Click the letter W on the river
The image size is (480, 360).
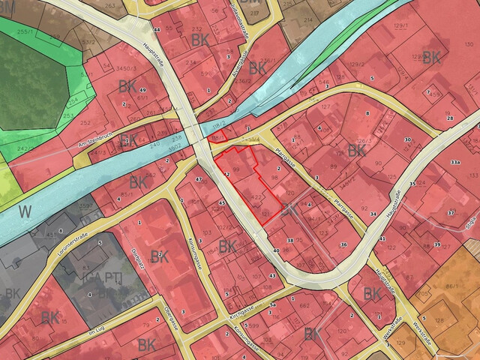(25, 211)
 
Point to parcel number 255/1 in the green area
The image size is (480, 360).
(26, 32)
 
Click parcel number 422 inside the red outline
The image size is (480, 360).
(256, 197)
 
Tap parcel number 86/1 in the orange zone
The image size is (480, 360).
(452, 286)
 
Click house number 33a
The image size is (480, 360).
(454, 161)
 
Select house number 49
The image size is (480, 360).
(142, 90)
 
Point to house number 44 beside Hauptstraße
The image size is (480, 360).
(157, 30)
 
